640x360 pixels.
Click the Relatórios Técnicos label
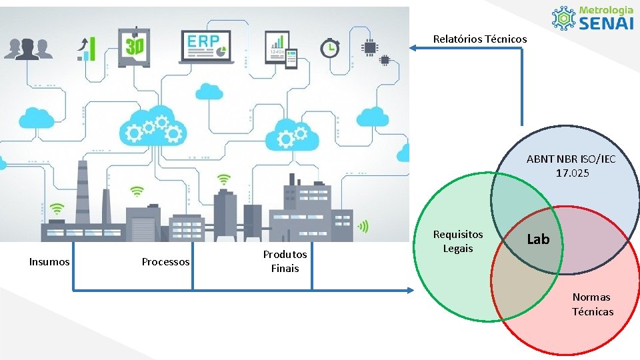tap(479, 39)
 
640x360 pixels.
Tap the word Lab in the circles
tap(538, 239)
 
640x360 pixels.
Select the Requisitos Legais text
tap(458, 241)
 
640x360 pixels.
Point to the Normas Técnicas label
tap(592, 305)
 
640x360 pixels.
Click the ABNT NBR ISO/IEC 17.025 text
tap(571, 166)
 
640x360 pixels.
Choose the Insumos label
tap(49, 262)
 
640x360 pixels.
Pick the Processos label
tap(165, 262)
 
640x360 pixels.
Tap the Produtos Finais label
tap(285, 261)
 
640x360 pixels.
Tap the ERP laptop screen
tap(207, 44)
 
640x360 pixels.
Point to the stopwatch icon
tap(329, 48)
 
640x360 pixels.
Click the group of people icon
tap(28, 49)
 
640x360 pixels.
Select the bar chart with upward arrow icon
tap(87, 49)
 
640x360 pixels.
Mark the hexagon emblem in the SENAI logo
tap(563, 18)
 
